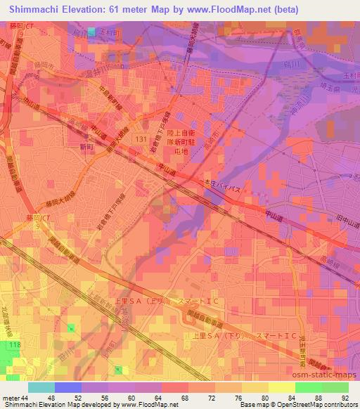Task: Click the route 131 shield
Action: click(x=141, y=141)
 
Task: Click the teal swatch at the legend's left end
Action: click(x=41, y=387)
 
